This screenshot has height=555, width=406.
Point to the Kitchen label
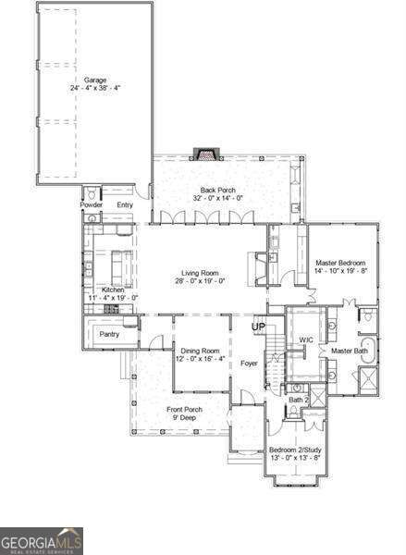pos(113,290)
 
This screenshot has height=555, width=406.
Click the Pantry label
pos(109,334)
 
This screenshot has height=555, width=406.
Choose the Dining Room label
pos(200,351)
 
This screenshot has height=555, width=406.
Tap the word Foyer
pos(249,364)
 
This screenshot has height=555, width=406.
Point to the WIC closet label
pos(306,339)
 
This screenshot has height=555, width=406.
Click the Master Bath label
pos(350,351)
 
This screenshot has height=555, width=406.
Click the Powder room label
pos(92,204)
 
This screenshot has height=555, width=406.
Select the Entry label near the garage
pos(125,204)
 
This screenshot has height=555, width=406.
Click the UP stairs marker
pos(259,327)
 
